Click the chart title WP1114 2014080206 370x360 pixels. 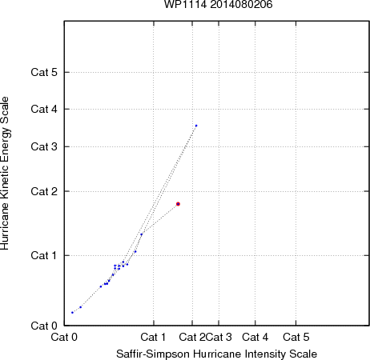tap(218, 4)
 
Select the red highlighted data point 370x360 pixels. tap(178, 204)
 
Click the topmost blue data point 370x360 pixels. tap(196, 126)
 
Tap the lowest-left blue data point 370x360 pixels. tap(72, 313)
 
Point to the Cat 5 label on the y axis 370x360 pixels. tap(44, 72)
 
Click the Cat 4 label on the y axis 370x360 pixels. tap(44, 109)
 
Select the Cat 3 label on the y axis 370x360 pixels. tap(44, 146)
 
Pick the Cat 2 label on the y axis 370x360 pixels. tap(44, 191)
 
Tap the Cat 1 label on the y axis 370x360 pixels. tap(44, 255)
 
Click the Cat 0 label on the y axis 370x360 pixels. tap(44, 326)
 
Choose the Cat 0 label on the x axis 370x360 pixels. tap(64, 337)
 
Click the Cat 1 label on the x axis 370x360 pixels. tap(153, 337)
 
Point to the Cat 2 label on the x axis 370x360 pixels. tap(192, 337)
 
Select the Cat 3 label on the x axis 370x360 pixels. tap(219, 337)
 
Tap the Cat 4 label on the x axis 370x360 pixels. tap(255, 337)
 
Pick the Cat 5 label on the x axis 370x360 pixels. tap(296, 337)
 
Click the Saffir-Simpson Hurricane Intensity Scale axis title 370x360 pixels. tap(217, 354)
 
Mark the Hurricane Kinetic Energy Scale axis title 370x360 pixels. tap(5, 173)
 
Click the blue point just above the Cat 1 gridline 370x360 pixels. tap(135, 251)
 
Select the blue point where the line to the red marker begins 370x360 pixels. tap(142, 234)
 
